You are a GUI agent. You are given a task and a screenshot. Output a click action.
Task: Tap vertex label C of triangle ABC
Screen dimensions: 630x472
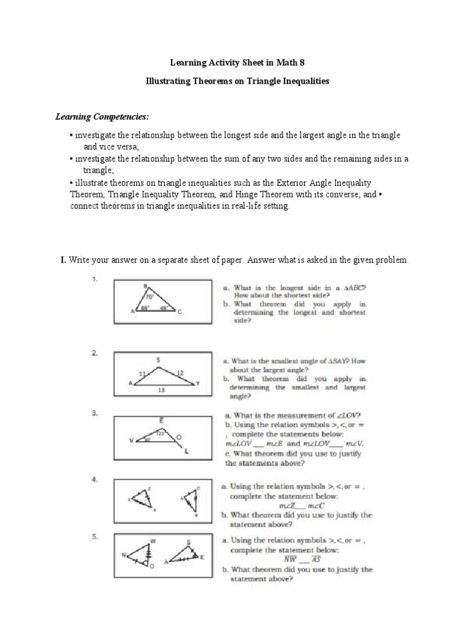pos(180,313)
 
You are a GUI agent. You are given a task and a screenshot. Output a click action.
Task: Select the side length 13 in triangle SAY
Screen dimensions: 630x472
pos(161,389)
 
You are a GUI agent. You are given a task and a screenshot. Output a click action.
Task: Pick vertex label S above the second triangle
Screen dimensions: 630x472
pos(158,359)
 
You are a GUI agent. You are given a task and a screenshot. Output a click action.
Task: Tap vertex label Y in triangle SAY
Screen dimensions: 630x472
pos(197,383)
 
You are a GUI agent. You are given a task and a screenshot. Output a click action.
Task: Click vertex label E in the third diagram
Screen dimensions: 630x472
pos(162,420)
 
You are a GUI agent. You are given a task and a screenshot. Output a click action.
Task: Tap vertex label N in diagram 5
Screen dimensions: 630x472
pos(124,556)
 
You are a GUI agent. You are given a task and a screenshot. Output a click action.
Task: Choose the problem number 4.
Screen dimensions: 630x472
pos(95,479)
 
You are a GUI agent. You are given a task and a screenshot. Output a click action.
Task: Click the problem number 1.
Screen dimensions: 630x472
pos(95,279)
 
